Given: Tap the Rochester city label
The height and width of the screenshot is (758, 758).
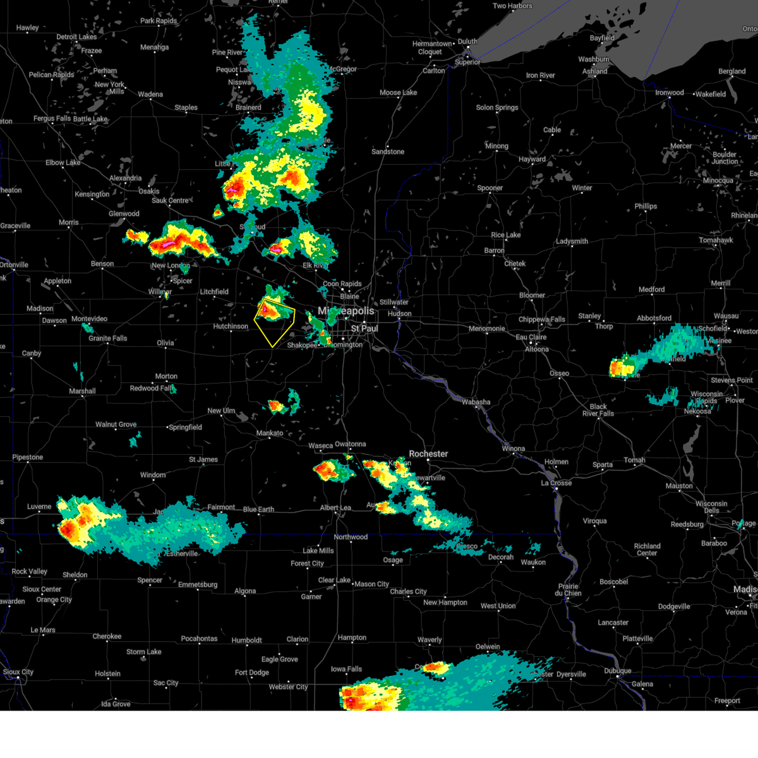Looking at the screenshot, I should point(428,454).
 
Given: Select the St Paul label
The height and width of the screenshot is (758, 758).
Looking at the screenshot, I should point(364,328).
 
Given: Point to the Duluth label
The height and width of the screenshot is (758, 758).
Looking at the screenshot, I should point(468,42).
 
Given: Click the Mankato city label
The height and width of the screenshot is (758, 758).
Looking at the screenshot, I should point(270,433).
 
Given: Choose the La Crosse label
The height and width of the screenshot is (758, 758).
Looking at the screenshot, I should point(556,483).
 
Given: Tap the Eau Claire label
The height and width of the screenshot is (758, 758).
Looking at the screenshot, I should point(531,337).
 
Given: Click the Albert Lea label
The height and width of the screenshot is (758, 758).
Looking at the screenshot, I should point(335,508).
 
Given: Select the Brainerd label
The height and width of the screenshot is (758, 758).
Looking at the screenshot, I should point(248,107).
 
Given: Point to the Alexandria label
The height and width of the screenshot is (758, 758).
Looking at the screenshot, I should point(126,178).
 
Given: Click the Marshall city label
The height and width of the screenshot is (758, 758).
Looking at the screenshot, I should point(83,392).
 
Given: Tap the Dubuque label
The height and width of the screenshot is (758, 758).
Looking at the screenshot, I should point(618,671).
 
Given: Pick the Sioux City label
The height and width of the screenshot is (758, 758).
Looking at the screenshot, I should point(18,672).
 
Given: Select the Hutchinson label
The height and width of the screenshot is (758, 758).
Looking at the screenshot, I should point(231,327).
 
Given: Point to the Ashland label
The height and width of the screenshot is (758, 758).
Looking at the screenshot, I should point(595,71).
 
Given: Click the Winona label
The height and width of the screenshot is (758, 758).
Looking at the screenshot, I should point(514,449).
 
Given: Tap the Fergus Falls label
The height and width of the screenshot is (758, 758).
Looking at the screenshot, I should point(52,119).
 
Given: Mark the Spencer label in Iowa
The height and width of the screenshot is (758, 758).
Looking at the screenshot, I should point(150,581).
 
